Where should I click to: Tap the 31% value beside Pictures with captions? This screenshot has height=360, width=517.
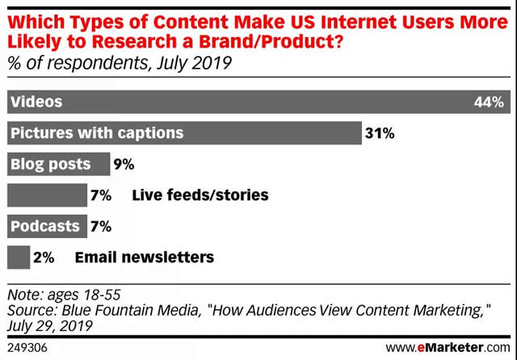tap(379, 133)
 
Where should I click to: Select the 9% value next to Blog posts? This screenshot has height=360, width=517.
tap(124, 165)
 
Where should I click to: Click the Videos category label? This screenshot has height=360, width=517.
tap(36, 102)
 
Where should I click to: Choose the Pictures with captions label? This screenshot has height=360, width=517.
tap(96, 133)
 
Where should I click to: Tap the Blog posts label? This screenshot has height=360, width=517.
tap(50, 165)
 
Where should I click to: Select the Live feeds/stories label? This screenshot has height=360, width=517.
tap(200, 195)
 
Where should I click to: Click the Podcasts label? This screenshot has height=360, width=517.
tap(45, 227)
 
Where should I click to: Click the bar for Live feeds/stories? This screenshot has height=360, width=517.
tap(47, 195)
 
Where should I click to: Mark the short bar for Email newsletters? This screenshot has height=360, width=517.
tap(18, 257)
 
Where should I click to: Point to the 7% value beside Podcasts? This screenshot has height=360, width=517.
tap(100, 227)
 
